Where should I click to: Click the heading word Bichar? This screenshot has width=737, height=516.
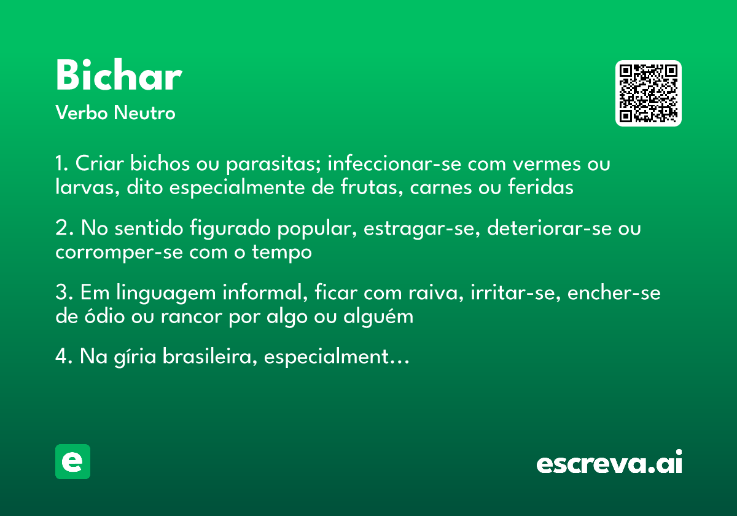coord(118,77)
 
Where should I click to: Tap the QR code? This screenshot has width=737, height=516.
coord(648,93)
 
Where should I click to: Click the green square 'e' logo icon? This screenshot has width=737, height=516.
coord(72,461)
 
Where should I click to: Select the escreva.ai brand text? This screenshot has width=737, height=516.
coord(609,463)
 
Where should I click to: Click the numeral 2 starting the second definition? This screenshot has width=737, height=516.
coord(61,229)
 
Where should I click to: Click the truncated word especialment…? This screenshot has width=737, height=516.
coord(337,358)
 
